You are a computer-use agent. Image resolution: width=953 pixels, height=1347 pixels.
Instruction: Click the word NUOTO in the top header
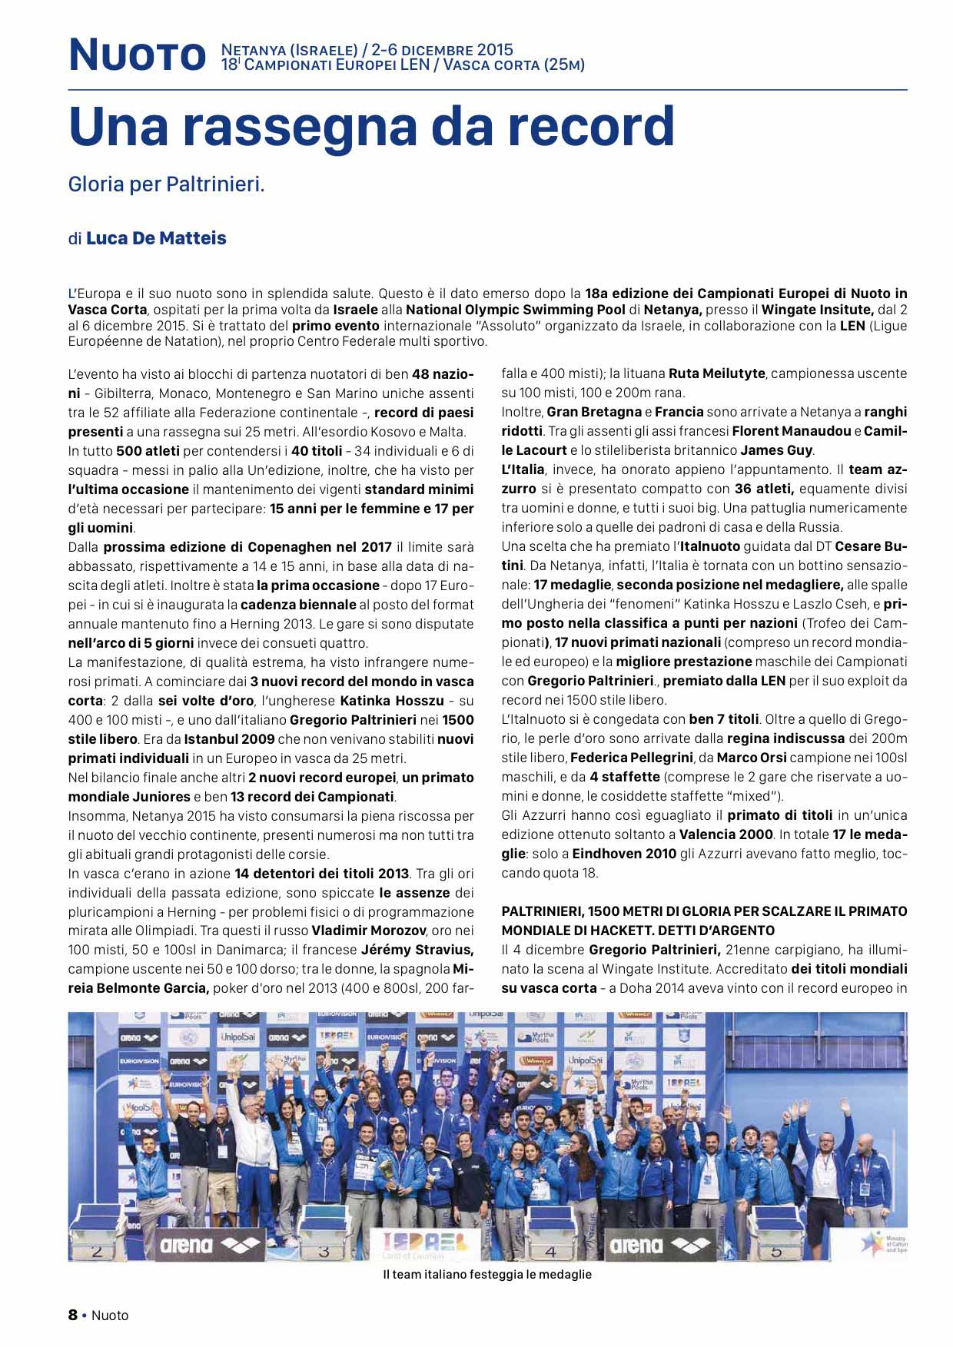click(x=138, y=55)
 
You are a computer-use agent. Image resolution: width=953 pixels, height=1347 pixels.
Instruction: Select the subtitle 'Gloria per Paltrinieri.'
click(x=167, y=184)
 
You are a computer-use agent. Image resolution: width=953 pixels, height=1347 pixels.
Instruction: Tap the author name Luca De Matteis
click(x=156, y=238)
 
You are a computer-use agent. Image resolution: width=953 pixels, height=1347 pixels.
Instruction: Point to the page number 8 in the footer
click(x=73, y=1315)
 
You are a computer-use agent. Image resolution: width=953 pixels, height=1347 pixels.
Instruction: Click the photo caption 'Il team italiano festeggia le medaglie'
click(x=487, y=1275)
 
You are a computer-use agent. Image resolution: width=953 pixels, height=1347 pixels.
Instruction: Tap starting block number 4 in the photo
click(x=550, y=1251)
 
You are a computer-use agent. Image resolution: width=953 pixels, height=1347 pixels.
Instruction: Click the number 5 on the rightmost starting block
click(x=775, y=1251)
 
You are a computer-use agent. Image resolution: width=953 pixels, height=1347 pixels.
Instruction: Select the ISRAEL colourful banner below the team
click(x=424, y=1242)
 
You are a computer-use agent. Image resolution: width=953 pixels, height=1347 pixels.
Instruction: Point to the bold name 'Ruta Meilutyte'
click(x=716, y=374)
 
